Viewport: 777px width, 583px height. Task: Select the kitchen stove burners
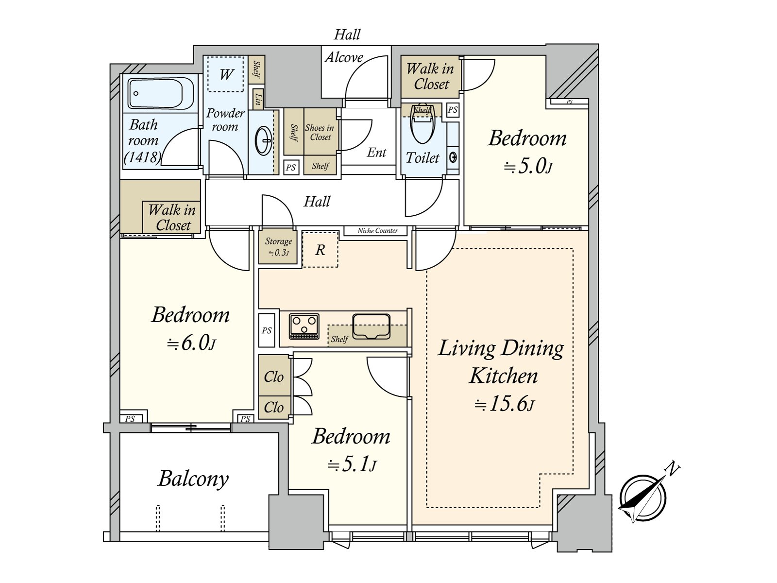(304, 326)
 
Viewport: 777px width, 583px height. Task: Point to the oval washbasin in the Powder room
(264, 141)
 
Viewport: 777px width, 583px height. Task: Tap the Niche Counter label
(377, 231)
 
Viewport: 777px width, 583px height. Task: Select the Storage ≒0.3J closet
(278, 247)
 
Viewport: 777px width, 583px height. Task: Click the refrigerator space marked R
(320, 250)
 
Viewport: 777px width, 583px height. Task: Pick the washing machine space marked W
(226, 74)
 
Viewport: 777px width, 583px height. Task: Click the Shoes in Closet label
(320, 132)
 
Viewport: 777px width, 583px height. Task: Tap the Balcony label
(193, 479)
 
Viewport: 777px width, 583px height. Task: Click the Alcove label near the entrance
(344, 57)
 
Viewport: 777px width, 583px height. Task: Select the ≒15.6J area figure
(504, 404)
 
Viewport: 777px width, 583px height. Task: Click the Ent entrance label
(377, 153)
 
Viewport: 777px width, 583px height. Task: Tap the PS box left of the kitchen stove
(267, 330)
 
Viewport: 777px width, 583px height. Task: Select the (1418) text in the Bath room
(143, 156)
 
